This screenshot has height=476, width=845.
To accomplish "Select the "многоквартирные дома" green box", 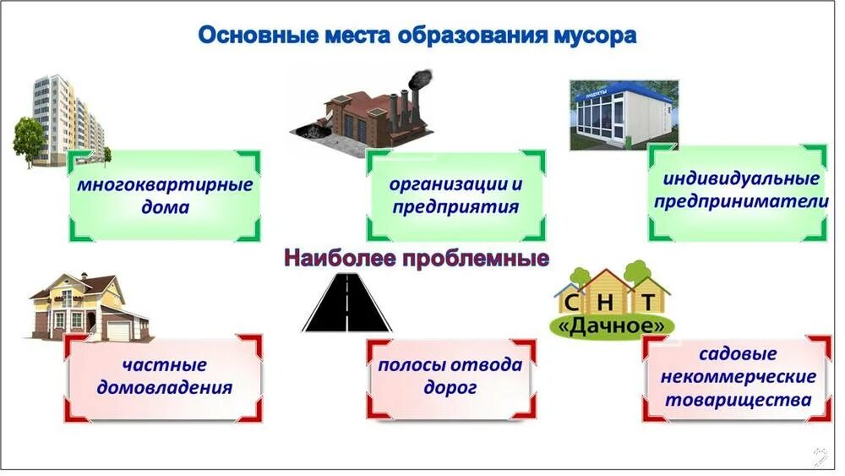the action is tap(165, 196).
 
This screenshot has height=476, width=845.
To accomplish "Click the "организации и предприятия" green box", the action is tap(455, 196).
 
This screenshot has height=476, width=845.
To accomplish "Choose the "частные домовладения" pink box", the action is tap(164, 377).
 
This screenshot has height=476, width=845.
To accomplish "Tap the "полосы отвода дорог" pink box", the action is tap(450, 377).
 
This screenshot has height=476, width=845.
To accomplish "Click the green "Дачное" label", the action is tap(612, 325).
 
